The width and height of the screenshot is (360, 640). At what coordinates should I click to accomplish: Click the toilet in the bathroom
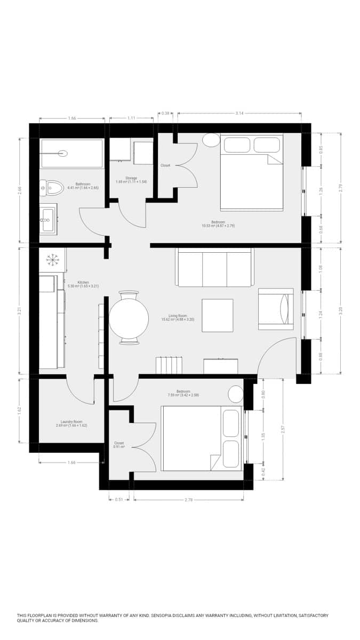coord(53,187)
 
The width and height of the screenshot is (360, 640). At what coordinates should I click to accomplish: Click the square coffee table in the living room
coord(217,315)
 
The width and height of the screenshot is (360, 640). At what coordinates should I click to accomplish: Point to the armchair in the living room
coord(275,309)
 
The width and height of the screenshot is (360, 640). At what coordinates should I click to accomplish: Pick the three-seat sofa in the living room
coord(214,268)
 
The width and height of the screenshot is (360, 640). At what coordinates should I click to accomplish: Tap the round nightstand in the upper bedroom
coord(211,140)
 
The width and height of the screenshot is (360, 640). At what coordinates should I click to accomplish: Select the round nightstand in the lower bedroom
coord(236,394)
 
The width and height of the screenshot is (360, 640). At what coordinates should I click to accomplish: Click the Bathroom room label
coord(83,184)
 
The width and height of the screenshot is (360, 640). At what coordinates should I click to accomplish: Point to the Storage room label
coord(131,178)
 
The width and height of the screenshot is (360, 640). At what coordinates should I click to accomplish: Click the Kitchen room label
coord(83,282)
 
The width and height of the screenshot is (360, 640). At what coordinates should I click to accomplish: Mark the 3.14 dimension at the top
coord(239,113)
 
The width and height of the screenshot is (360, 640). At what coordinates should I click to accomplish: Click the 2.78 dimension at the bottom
coord(188,500)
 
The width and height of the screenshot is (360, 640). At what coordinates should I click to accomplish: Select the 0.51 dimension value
coord(119,500)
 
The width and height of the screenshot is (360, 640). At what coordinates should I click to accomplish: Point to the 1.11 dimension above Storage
coord(131,118)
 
